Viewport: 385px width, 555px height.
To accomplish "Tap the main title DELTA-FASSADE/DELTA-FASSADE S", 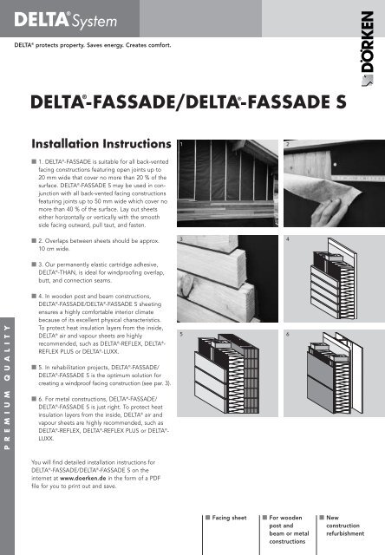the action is (x=191, y=103).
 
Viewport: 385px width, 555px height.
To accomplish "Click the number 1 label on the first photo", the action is (x=181, y=142).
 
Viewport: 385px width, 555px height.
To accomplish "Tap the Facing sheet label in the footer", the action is (x=229, y=518).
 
